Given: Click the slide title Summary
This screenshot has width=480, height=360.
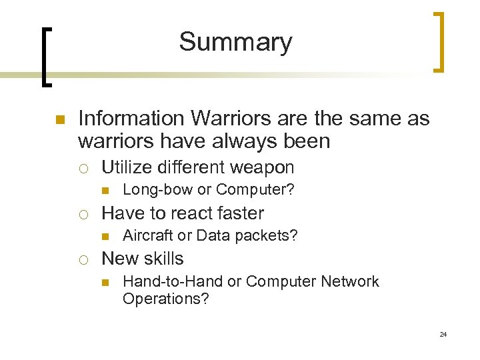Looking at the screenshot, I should click(x=235, y=42).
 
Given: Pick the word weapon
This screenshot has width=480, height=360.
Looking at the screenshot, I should click(x=262, y=168).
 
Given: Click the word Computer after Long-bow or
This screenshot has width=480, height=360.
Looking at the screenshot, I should click(x=253, y=190).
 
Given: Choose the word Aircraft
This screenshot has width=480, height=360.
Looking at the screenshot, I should click(x=145, y=235).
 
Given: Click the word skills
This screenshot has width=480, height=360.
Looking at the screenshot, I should click(x=161, y=259).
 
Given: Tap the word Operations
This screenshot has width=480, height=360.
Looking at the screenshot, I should click(x=163, y=299).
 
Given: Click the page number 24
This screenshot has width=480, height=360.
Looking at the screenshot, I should click(x=443, y=334).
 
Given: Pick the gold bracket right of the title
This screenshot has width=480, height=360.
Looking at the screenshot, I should click(x=440, y=41).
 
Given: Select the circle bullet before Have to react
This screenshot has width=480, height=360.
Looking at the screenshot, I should click(x=84, y=214).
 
